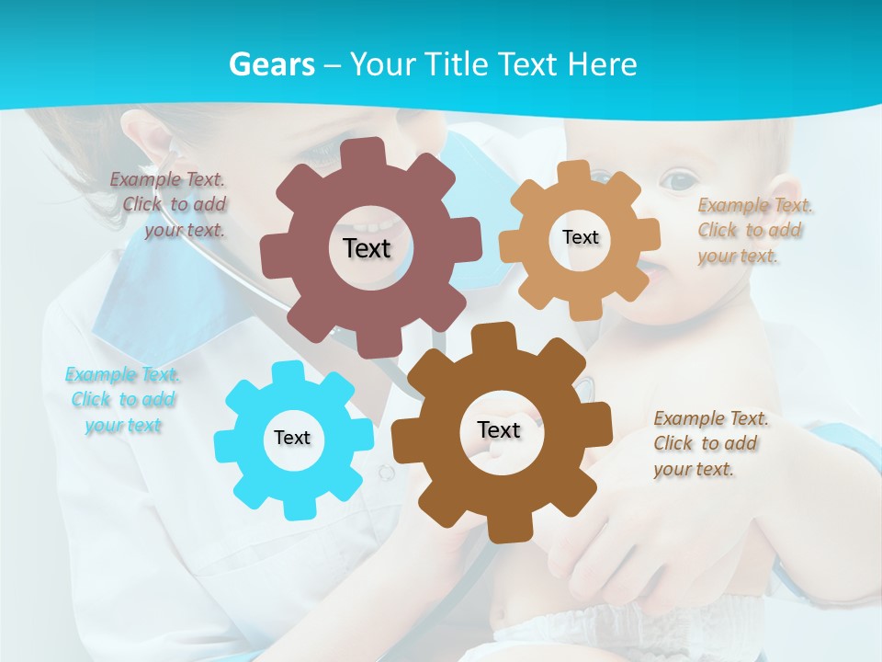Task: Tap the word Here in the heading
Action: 602,64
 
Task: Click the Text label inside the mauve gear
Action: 367,248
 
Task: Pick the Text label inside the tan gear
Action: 580,237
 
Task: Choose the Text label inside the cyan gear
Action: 292,438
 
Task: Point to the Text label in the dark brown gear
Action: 499,429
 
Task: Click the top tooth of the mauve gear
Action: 367,153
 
